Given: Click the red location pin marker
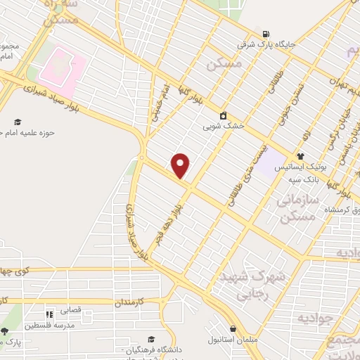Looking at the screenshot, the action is pyautogui.click(x=181, y=165).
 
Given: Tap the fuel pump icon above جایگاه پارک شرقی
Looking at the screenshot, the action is pyautogui.click(x=265, y=34).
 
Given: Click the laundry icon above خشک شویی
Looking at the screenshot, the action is pyautogui.click(x=224, y=115).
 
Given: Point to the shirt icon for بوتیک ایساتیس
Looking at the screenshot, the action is pyautogui.click(x=300, y=156).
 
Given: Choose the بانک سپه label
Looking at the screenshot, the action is pyautogui.click(x=304, y=179).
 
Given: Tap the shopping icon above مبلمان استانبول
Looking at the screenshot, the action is pyautogui.click(x=233, y=328).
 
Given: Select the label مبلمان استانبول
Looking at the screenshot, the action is pyautogui.click(x=233, y=340).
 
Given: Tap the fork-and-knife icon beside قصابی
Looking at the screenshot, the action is pyautogui.click(x=49, y=314).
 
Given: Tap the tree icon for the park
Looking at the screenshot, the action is pyautogui.click(x=4, y=331).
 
